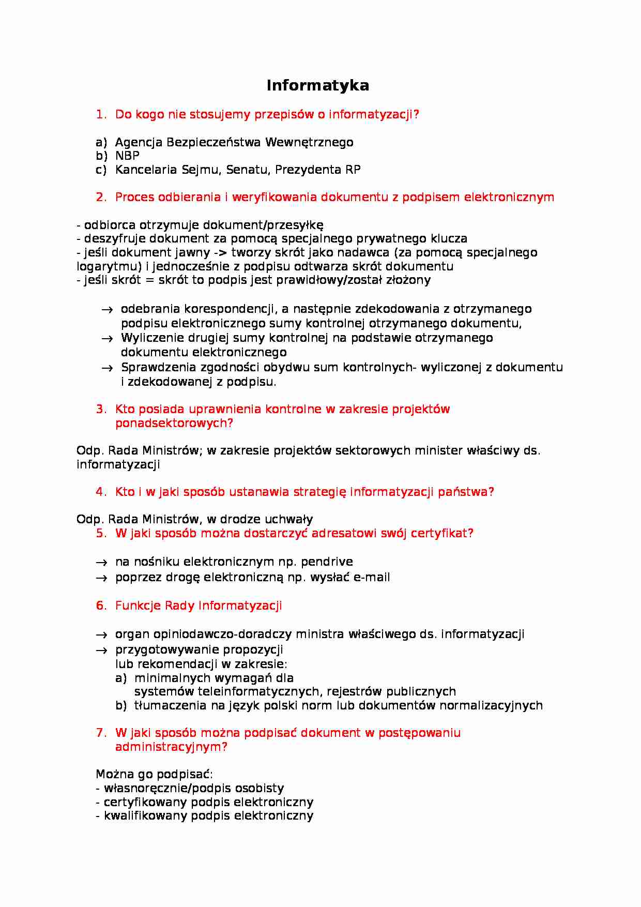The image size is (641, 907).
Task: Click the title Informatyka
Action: [x=317, y=85]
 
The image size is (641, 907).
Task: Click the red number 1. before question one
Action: [x=101, y=114]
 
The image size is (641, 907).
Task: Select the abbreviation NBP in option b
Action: [x=127, y=156]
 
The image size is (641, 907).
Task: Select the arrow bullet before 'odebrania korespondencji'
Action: [x=107, y=310]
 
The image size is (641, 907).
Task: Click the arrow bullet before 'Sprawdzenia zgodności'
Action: [x=107, y=368]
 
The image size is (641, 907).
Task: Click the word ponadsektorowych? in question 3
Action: [x=174, y=423]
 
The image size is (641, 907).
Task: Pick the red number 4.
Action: [x=101, y=492]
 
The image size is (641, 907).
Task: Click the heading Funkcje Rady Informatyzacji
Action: [x=199, y=606]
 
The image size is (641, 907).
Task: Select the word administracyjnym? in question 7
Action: [x=171, y=747]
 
